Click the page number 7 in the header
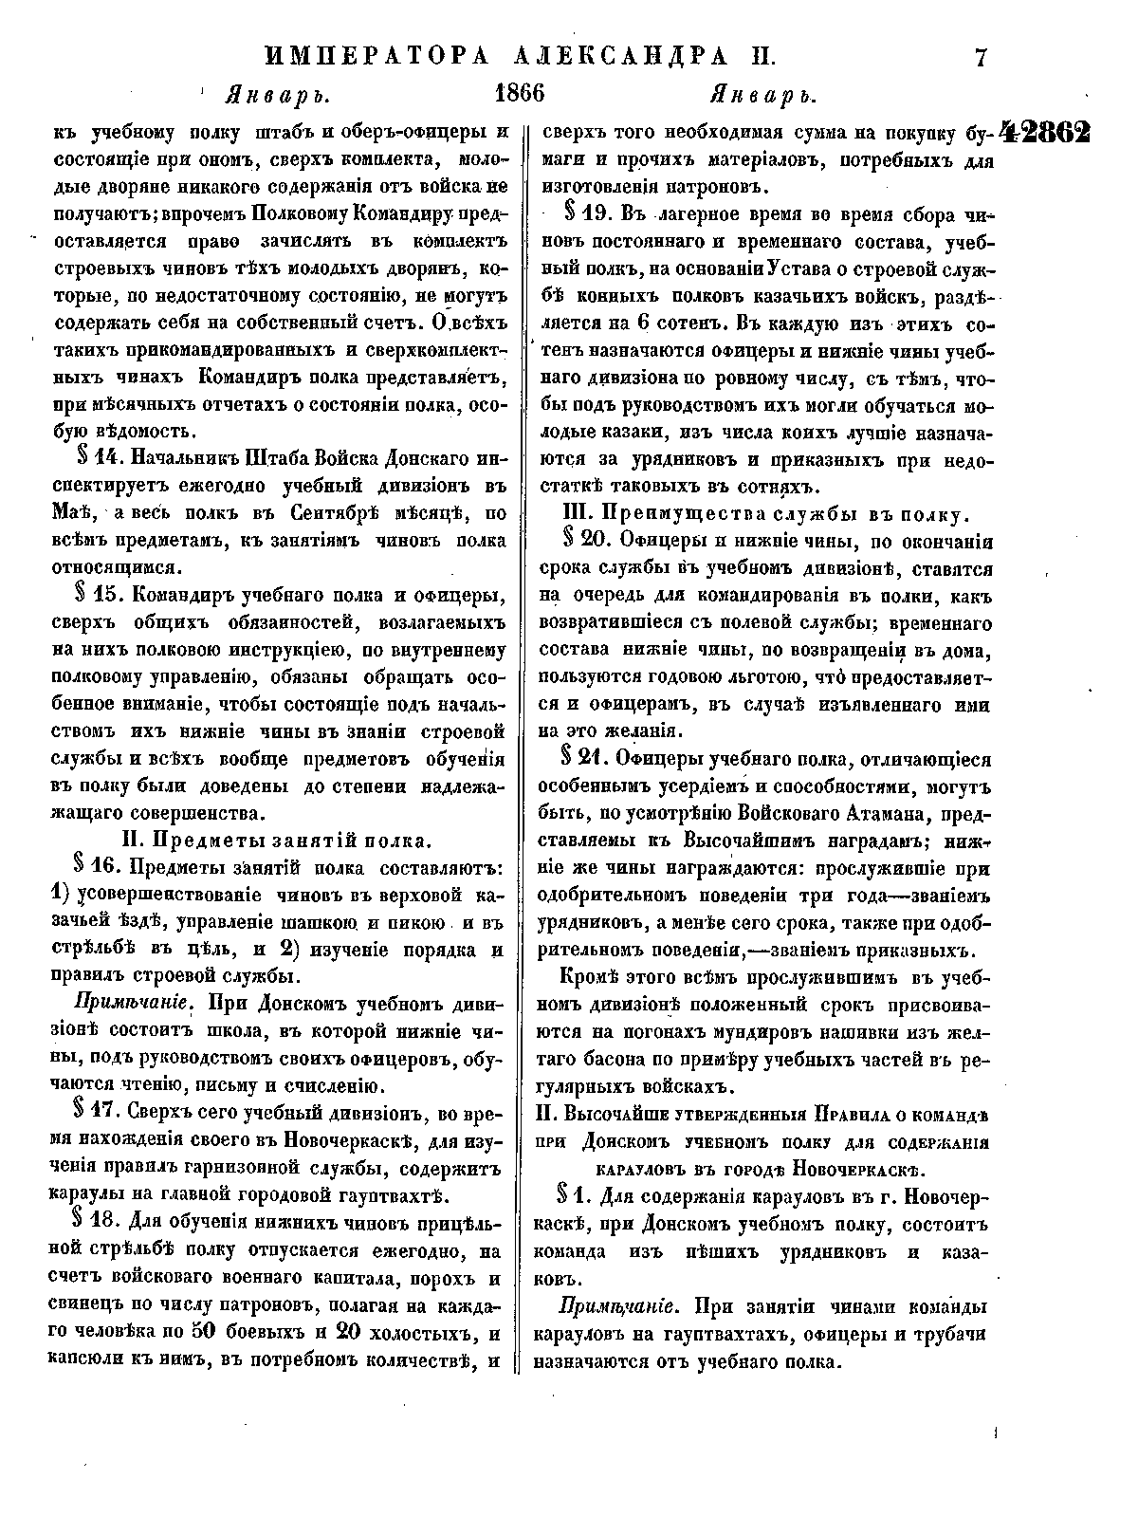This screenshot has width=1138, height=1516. click(982, 58)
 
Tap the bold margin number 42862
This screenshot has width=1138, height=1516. click(1043, 133)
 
